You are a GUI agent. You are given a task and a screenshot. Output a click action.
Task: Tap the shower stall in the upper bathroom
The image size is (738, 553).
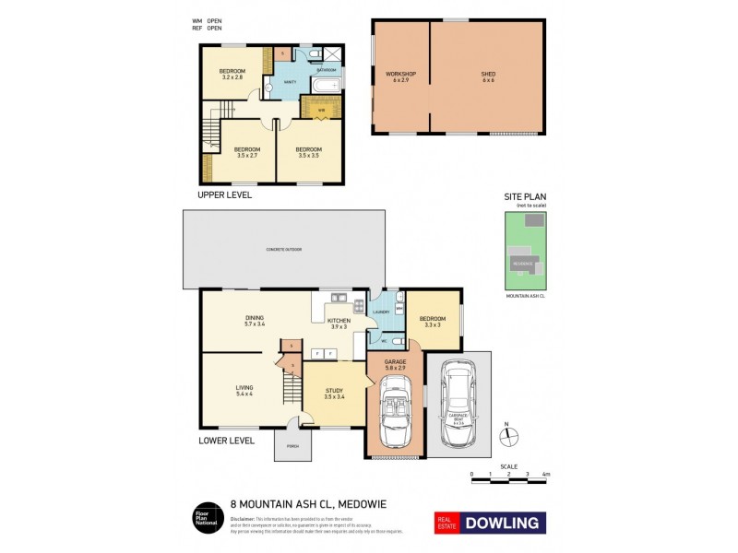pyautogui.click(x=332, y=53)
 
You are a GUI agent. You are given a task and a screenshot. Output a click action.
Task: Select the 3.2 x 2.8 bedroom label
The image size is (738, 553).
pyautogui.click(x=232, y=74)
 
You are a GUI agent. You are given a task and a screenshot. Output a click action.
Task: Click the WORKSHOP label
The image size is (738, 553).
pyautogui.click(x=401, y=76)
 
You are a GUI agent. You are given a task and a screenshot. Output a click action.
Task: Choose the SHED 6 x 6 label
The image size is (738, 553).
pyautogui.click(x=488, y=76)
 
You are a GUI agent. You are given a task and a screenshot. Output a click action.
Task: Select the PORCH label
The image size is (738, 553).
pyautogui.click(x=292, y=446)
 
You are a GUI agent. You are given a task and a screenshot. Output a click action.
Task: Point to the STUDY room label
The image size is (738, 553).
pyautogui.click(x=335, y=394)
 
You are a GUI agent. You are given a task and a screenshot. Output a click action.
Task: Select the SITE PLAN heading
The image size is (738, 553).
pyautogui.click(x=524, y=197)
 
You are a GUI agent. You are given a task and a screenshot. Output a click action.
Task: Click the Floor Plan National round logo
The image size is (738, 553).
pyautogui.click(x=205, y=519)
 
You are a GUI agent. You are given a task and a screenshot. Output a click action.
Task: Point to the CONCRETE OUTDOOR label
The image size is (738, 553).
pyautogui.click(x=284, y=250)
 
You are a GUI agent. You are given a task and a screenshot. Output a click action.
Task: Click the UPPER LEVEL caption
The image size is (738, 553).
pyautogui.click(x=225, y=195)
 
